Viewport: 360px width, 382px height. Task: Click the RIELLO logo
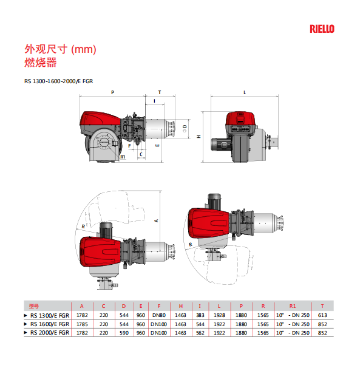(322, 29)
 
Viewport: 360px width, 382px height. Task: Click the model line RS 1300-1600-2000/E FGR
(58, 81)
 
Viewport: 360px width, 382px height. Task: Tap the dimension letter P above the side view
(112, 92)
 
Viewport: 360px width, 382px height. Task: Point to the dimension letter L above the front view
(245, 92)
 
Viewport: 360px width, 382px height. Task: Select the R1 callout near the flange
(123, 157)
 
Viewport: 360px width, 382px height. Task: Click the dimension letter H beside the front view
(199, 137)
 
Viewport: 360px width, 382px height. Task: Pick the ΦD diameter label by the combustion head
(185, 128)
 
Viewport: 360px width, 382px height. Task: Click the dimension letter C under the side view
(141, 154)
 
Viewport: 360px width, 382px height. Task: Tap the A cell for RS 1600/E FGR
(82, 324)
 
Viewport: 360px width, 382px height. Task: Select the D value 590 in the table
(124, 333)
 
